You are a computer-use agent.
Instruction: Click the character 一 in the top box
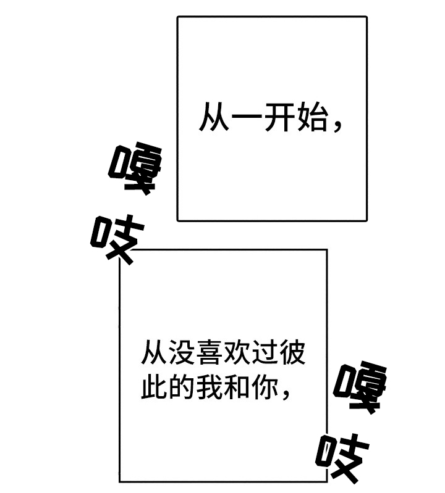pos(247,117)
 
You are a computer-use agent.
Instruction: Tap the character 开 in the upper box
pos(279,117)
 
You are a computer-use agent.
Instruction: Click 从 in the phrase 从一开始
pos(214,117)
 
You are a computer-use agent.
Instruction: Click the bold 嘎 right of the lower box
pos(360,387)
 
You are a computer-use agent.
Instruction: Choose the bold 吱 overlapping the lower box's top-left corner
pos(117,239)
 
